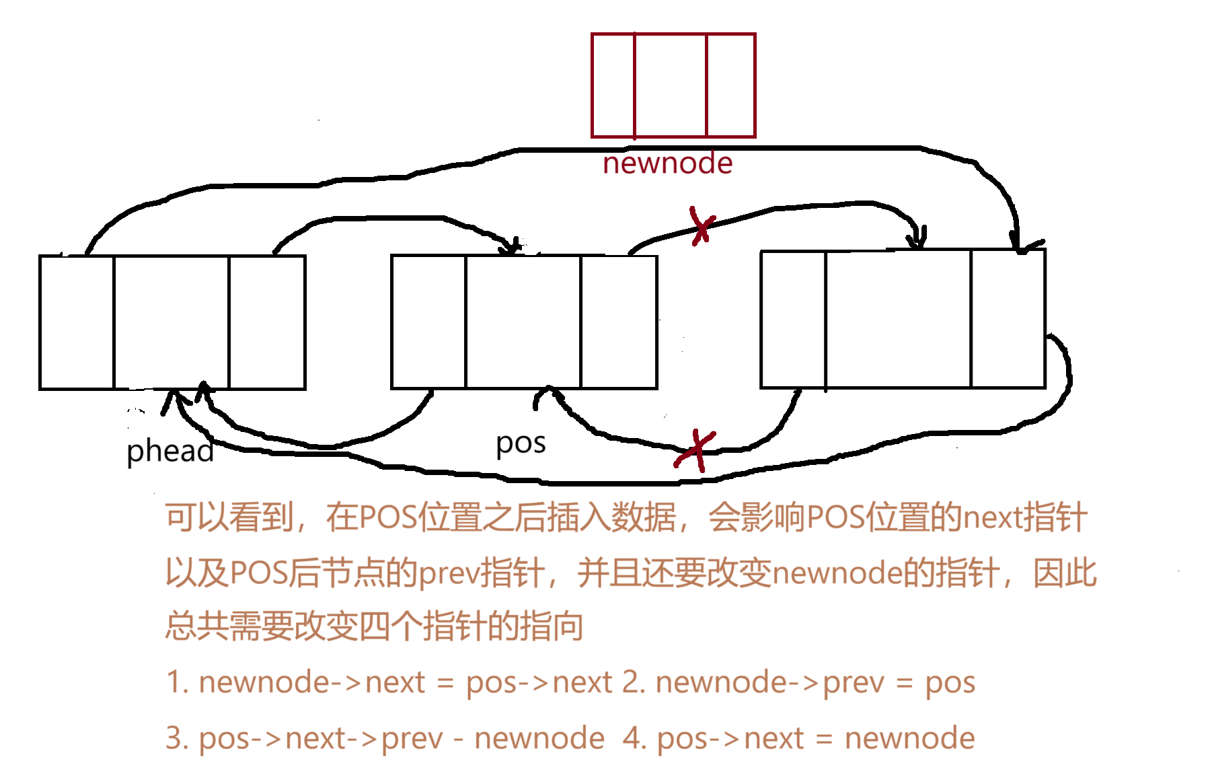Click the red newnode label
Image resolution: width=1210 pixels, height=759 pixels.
(x=667, y=163)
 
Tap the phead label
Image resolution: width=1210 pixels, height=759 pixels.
(x=170, y=451)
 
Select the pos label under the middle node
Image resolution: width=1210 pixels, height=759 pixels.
(x=521, y=443)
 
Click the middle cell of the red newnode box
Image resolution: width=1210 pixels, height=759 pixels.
(x=671, y=85)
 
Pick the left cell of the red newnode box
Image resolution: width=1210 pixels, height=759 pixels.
(x=613, y=85)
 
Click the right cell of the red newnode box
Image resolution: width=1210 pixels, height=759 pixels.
(x=730, y=85)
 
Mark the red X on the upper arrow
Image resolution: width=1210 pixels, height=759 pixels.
(x=702, y=225)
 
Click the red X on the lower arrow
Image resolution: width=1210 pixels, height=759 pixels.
(x=697, y=449)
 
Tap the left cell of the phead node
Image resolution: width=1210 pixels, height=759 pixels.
(x=77, y=322)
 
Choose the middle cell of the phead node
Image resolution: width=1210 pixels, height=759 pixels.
(x=172, y=322)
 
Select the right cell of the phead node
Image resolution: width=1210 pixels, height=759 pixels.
(x=267, y=322)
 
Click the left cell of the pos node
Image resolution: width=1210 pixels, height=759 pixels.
(x=428, y=322)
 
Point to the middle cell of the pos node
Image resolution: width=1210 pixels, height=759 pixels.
(x=523, y=322)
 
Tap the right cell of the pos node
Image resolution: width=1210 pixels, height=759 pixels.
(x=619, y=322)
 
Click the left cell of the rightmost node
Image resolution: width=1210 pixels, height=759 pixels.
(x=793, y=320)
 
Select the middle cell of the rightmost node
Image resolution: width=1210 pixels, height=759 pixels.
(x=899, y=320)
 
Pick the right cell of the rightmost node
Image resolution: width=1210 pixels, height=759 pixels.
(x=1008, y=320)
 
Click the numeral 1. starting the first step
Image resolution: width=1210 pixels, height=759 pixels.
(x=178, y=682)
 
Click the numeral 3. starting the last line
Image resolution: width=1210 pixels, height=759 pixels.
(x=178, y=738)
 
